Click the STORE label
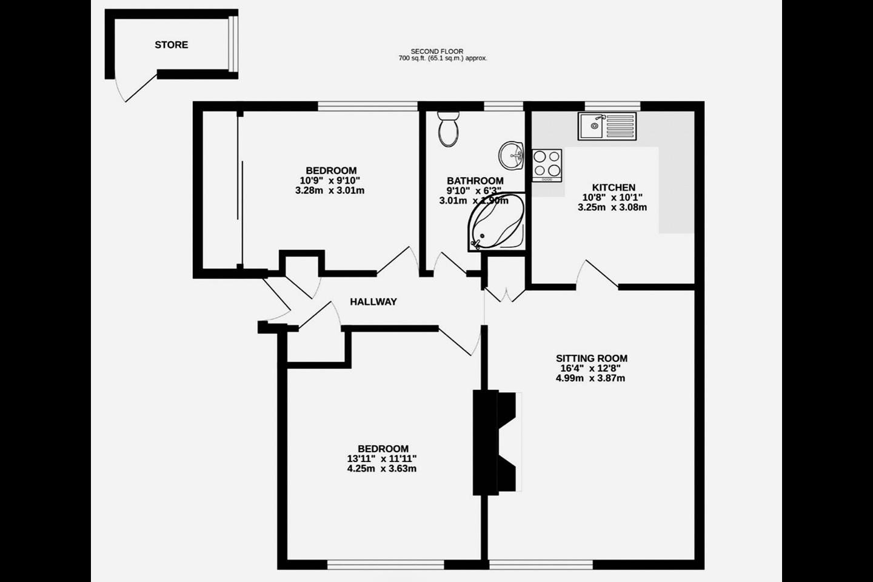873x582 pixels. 171,45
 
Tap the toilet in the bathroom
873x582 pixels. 449,129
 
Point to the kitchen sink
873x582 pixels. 607,126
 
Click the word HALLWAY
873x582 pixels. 373,301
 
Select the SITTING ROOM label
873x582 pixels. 591,358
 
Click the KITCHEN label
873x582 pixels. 614,188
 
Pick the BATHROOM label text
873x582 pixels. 475,181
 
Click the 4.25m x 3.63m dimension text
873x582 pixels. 381,469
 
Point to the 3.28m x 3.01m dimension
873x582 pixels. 330,190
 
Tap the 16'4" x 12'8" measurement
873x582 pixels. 590,368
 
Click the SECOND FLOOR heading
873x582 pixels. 436,52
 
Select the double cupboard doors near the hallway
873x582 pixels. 504,294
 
